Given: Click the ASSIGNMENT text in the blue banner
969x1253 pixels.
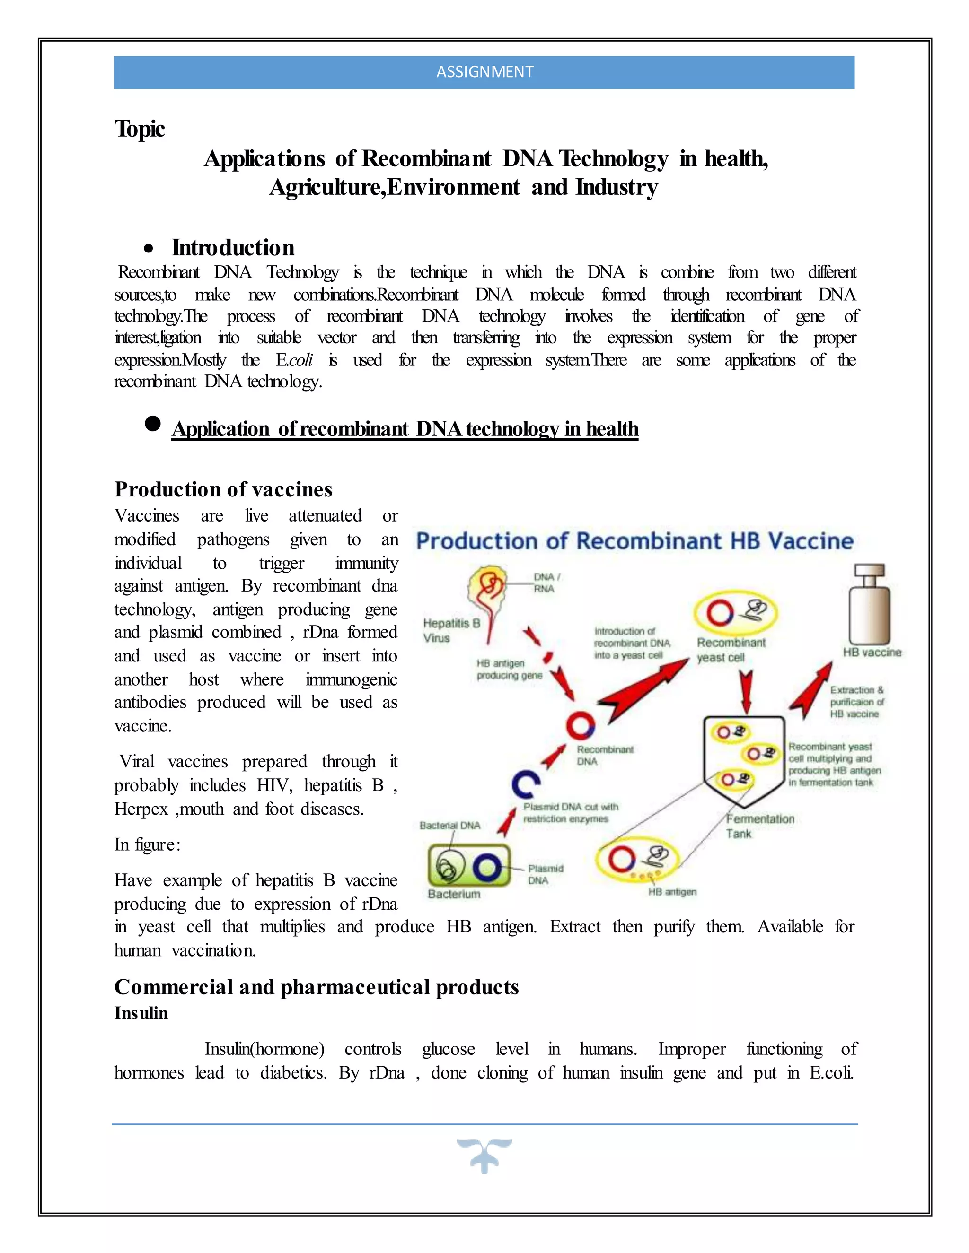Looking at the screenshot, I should [484, 72].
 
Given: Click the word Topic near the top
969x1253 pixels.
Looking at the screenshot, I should [140, 129].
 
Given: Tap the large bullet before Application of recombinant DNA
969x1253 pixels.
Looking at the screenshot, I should [153, 424].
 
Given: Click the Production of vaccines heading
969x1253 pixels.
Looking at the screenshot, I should [223, 489].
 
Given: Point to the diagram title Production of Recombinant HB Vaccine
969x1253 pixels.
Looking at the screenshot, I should [634, 541].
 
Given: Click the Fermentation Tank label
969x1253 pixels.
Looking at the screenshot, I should [759, 826].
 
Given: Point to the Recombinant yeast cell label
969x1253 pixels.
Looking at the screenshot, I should [731, 650].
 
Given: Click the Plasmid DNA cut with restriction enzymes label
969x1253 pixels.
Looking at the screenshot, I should [570, 812].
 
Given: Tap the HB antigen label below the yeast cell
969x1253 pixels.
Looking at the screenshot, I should [672, 892].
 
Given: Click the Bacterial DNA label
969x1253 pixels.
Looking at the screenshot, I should [449, 825].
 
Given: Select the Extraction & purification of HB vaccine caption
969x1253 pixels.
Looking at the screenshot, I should [856, 702].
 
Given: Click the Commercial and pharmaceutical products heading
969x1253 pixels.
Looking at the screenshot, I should [317, 987].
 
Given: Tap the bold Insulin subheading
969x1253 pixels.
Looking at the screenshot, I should [141, 1013].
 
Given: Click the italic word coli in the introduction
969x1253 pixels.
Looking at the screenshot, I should [301, 360].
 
